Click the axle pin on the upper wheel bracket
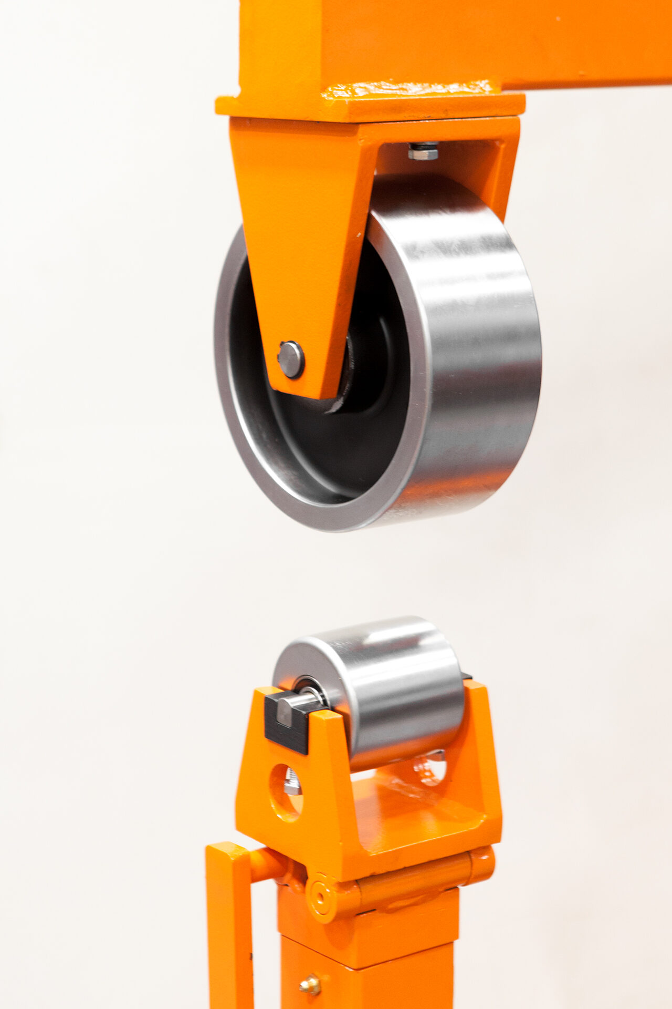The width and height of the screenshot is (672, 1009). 290,359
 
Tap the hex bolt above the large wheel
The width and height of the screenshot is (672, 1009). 423,152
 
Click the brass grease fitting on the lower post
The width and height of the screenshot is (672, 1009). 310,985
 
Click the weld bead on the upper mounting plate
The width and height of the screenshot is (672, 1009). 409,88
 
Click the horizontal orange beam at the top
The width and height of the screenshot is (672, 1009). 472,37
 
